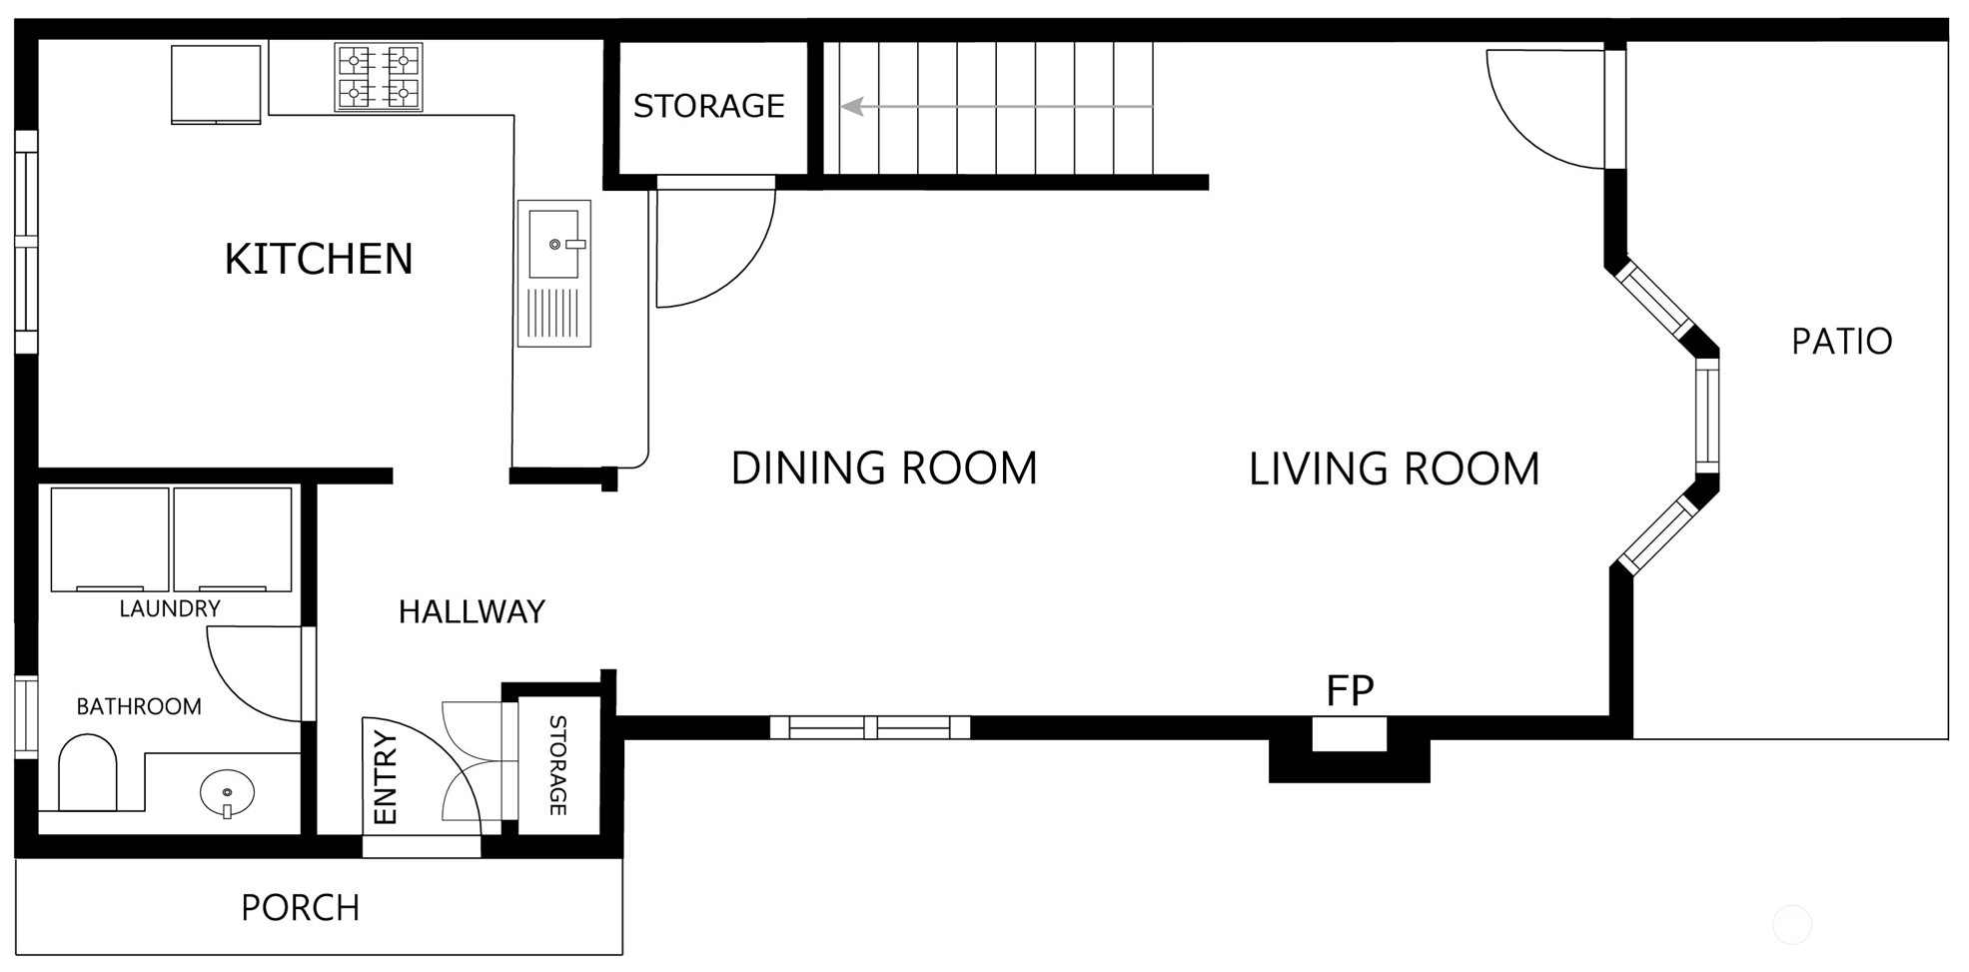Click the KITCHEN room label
319,259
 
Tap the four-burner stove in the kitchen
378,76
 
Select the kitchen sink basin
553,244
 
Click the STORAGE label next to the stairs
709,106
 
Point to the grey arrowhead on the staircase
852,106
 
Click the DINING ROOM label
884,469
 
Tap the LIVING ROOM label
1395,470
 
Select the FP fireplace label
1350,690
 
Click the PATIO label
1841,342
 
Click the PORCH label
301,908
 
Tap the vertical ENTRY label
385,778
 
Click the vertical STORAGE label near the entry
558,765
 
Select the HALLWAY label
472,611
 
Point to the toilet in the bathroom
88,772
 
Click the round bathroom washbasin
227,793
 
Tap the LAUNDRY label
170,608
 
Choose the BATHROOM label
139,707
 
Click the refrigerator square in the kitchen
216,84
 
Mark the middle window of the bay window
1707,415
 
